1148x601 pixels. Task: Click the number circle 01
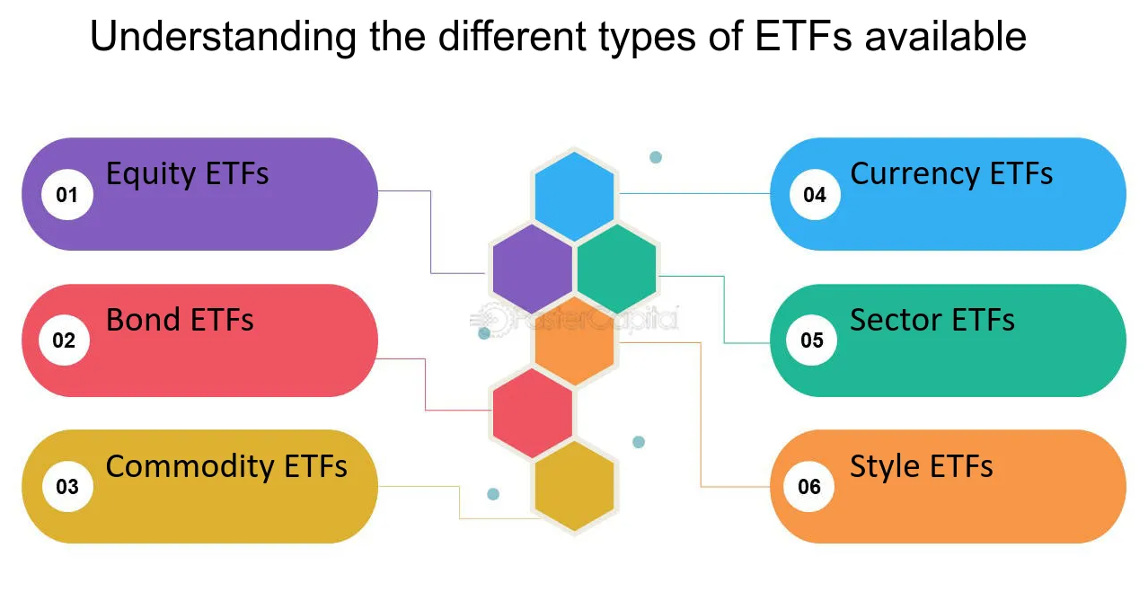click(x=67, y=194)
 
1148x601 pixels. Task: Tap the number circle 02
click(x=64, y=340)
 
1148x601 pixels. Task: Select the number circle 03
click(x=67, y=487)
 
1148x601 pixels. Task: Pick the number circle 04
click(x=815, y=194)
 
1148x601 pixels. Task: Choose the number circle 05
click(x=811, y=340)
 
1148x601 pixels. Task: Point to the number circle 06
click(x=809, y=487)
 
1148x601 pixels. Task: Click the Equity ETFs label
click(x=187, y=173)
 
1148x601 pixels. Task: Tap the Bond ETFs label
click(x=180, y=320)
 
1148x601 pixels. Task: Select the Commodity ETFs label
click(x=226, y=467)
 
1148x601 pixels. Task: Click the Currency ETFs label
click(x=951, y=173)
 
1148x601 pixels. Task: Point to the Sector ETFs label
click(x=932, y=320)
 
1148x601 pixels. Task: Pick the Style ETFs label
click(x=921, y=467)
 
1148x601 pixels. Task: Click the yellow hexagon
click(x=574, y=486)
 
